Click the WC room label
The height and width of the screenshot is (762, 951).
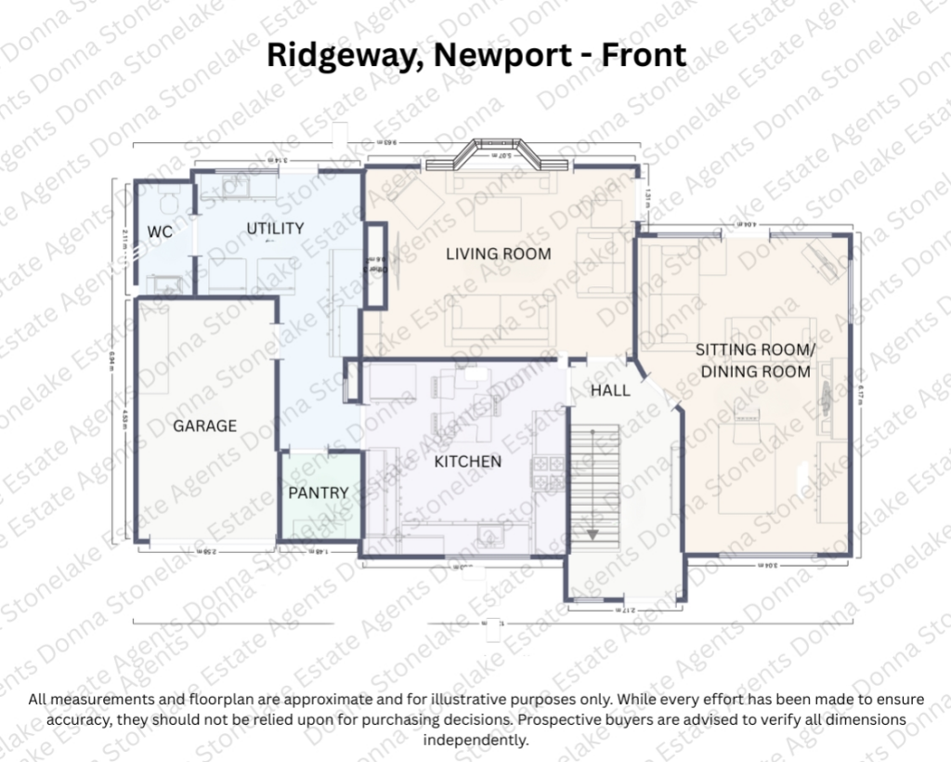(160, 232)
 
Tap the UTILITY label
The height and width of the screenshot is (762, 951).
(275, 229)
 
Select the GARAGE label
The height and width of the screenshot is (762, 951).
(204, 427)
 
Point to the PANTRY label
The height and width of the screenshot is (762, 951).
(318, 493)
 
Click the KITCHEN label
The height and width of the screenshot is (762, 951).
(468, 462)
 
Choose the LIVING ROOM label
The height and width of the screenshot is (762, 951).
(499, 254)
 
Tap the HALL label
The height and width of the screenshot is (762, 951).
(610, 391)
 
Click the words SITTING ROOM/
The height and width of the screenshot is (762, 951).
(755, 350)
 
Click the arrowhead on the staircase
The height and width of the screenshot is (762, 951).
(593, 533)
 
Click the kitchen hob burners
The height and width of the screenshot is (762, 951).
(548, 473)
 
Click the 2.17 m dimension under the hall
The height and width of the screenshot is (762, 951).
(625, 610)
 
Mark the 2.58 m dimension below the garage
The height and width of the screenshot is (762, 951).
(209, 552)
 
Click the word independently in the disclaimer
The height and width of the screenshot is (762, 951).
(475, 741)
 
